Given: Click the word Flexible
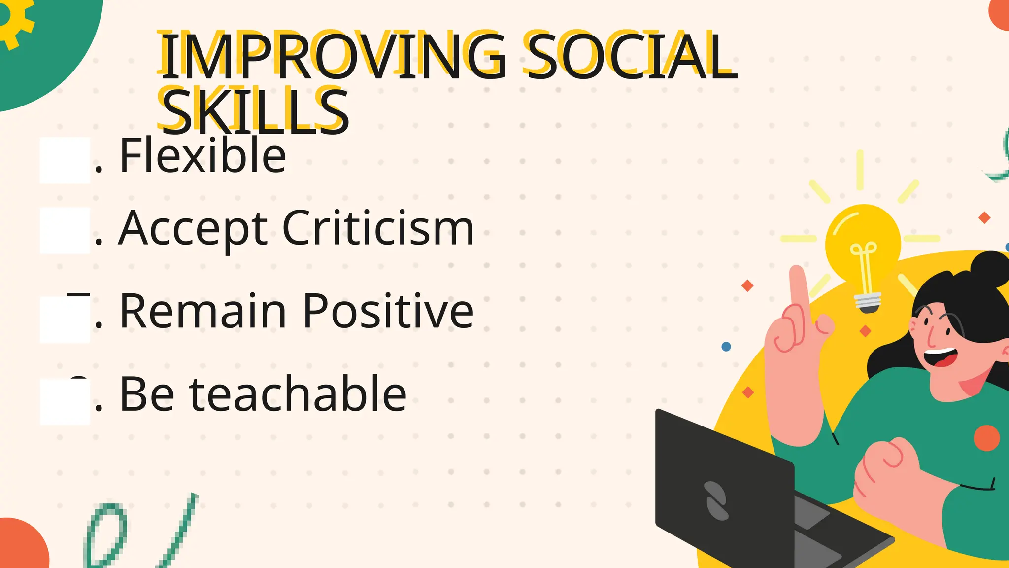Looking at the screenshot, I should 202,156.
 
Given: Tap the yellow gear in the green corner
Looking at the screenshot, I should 12,20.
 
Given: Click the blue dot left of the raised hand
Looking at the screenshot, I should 726,347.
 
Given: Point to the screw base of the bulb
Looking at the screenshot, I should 868,302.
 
